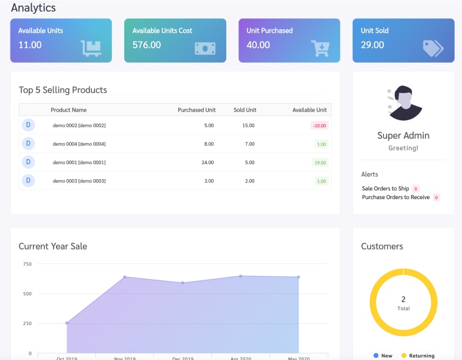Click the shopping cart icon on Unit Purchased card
tap(320, 48)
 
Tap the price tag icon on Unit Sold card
tap(432, 48)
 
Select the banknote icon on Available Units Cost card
tap(205, 49)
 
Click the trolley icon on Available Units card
tap(91, 48)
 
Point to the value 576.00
tap(146, 45)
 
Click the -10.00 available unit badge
tap(319, 125)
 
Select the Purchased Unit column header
tap(196, 110)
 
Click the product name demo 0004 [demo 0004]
tap(79, 144)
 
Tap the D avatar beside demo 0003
tap(28, 180)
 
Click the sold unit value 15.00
tap(248, 125)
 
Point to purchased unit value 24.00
tap(207, 163)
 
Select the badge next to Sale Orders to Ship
tap(415, 189)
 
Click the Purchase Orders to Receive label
tap(395, 197)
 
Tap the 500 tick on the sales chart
tap(27, 293)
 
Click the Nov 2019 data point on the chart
tap(125, 277)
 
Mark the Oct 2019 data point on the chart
tap(67, 323)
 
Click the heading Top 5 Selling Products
tap(63, 90)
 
